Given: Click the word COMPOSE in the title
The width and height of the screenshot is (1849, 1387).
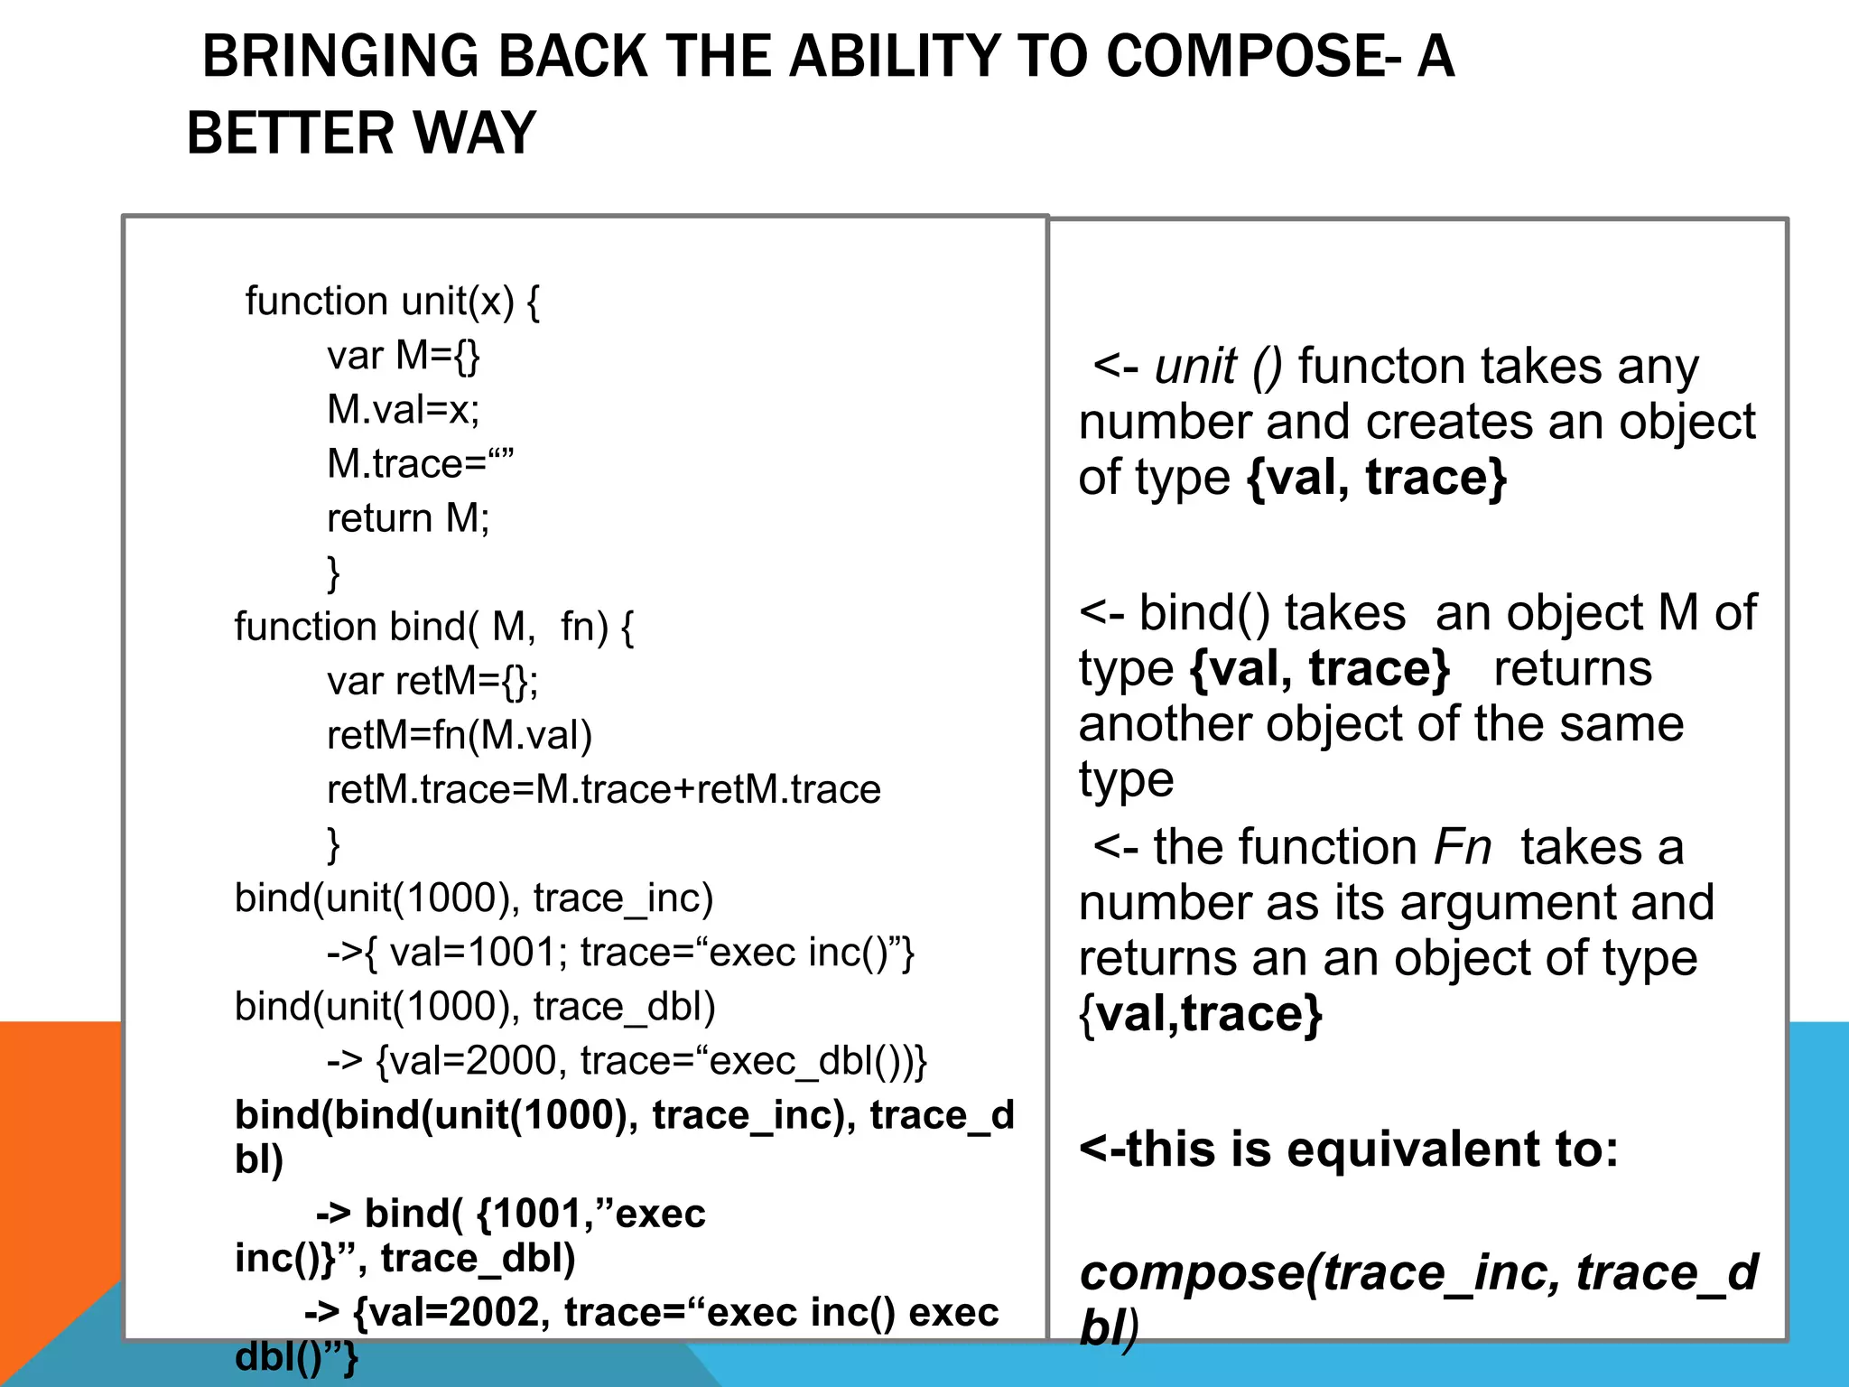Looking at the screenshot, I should (x=1244, y=57).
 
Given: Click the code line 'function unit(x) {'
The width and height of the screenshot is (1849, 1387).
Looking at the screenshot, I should (x=392, y=302).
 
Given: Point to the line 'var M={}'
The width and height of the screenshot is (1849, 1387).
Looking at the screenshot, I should (x=404, y=356).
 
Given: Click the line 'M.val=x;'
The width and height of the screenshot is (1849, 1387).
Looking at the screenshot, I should (x=404, y=410).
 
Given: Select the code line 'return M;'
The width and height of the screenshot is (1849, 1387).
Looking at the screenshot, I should (x=408, y=518).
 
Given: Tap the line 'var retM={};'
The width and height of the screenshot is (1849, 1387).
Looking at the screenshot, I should (x=432, y=681).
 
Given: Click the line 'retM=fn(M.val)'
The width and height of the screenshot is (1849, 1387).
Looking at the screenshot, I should (x=460, y=735).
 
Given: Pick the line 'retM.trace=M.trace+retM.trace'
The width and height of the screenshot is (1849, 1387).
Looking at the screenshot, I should (x=603, y=790).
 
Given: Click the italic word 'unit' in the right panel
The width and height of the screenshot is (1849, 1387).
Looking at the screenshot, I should (x=1195, y=368).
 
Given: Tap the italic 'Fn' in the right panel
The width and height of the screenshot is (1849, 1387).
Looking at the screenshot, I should (x=1463, y=848).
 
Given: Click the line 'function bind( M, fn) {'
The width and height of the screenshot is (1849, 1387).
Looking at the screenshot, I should (x=434, y=627).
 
